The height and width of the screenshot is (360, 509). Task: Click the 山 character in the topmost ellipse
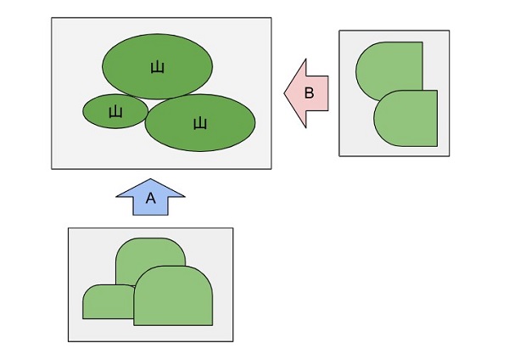tap(158, 67)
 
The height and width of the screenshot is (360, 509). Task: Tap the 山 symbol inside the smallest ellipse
tap(115, 112)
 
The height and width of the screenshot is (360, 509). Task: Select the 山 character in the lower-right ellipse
tap(200, 124)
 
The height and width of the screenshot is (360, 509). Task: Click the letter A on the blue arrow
tap(151, 198)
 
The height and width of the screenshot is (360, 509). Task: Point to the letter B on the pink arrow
tap(310, 93)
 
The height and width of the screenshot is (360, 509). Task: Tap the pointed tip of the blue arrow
tap(150, 178)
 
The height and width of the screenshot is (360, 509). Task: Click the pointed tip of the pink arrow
tap(284, 93)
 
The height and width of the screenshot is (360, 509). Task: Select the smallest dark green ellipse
tap(115, 111)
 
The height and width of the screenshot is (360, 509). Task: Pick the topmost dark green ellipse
tap(158, 66)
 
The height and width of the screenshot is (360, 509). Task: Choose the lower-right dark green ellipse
tap(200, 123)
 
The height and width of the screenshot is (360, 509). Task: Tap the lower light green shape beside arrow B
tap(406, 118)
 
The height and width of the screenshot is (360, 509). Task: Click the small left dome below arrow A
tap(108, 302)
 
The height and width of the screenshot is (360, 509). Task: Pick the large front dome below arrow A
tap(173, 295)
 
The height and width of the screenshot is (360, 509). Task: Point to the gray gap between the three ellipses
tap(146, 99)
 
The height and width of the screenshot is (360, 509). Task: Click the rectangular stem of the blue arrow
tap(151, 206)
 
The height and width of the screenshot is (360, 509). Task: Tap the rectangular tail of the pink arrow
tap(317, 93)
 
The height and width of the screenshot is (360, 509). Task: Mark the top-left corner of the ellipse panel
tap(52, 18)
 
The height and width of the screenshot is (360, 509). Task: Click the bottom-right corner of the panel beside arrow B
tap(450, 156)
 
